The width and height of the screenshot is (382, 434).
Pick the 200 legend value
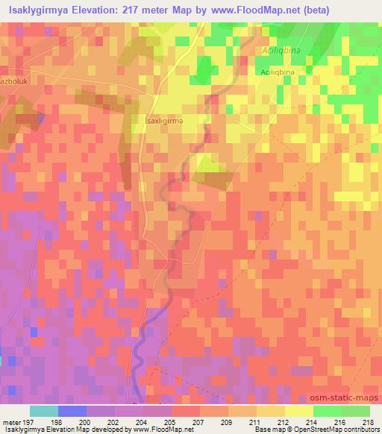(87, 422)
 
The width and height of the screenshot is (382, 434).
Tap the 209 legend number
(225, 422)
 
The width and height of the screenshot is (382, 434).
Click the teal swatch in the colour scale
(43, 411)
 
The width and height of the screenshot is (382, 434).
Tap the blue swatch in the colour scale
(72, 411)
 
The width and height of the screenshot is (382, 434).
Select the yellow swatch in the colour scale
(298, 411)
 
